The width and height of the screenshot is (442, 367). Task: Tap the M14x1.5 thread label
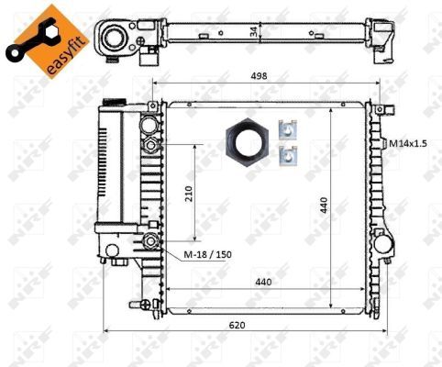pyautogui.click(x=407, y=143)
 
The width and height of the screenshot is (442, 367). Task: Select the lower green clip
pyautogui.click(x=290, y=156)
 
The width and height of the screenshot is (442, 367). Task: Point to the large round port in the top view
pyautogui.click(x=116, y=38)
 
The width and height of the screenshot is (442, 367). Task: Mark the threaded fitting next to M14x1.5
pyautogui.click(x=380, y=143)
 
